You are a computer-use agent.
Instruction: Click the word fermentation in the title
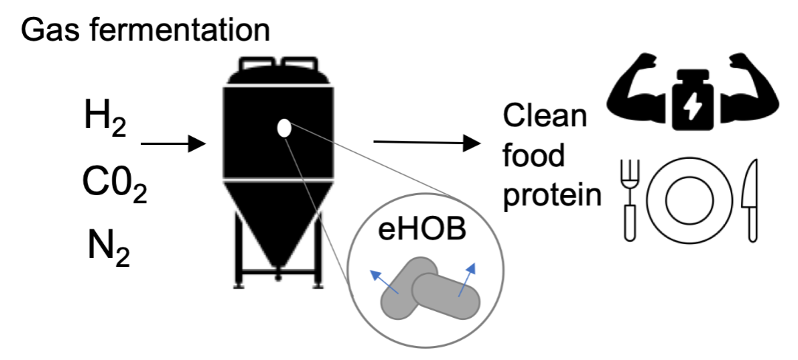pyautogui.click(x=185, y=30)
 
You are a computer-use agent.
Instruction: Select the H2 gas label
pyautogui.click(x=106, y=120)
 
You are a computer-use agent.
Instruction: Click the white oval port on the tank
pyautogui.click(x=282, y=128)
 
